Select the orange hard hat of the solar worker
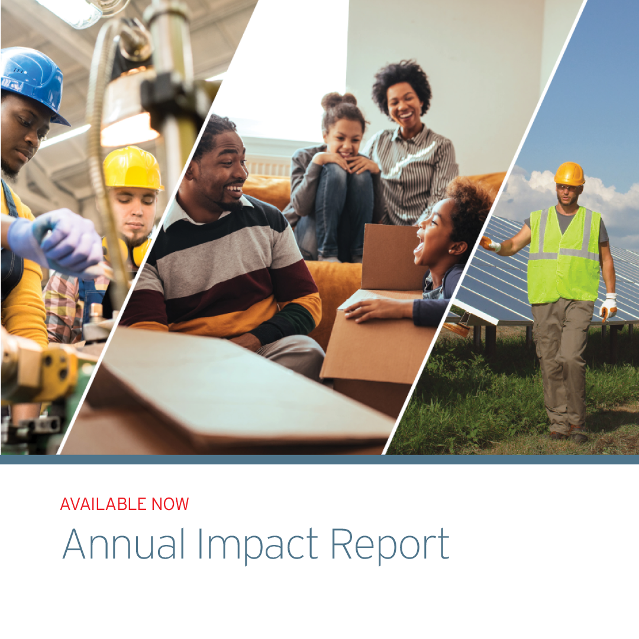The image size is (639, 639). (569, 173)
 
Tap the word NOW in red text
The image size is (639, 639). (170, 504)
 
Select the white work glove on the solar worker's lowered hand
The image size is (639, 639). (608, 306)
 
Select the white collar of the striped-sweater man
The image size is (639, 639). (177, 216)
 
